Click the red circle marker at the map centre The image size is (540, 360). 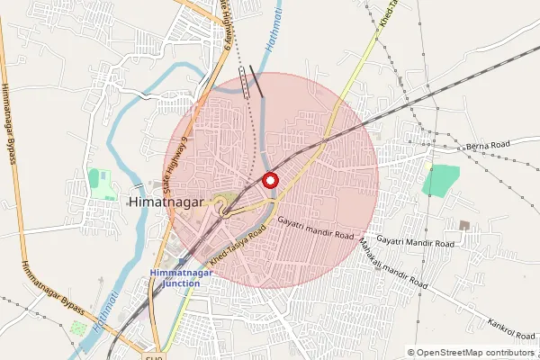coord(270,180)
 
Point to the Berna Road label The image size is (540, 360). coord(489,144)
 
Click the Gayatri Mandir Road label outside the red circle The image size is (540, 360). coord(416,244)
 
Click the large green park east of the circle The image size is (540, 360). coord(440,180)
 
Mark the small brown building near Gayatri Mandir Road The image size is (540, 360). coord(464,224)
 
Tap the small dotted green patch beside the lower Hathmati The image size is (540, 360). coord(79,328)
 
